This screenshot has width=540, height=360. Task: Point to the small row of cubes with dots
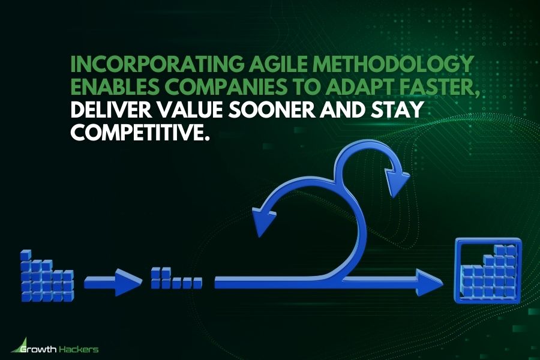click(176, 280)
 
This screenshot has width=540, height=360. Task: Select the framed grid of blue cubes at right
click(487, 270)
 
